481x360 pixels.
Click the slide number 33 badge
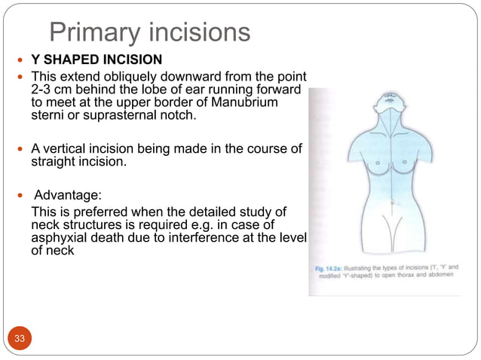coord(20,338)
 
